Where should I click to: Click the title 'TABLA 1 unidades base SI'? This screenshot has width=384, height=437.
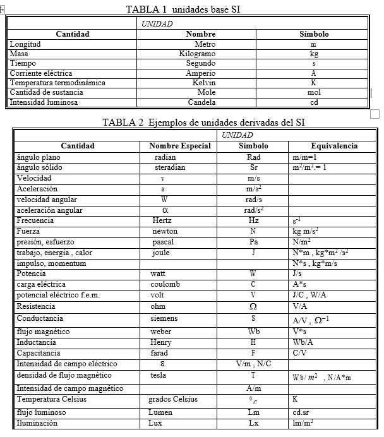click(x=183, y=9)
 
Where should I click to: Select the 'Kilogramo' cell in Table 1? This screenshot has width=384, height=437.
click(x=197, y=54)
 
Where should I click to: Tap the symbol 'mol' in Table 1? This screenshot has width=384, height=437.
click(x=314, y=92)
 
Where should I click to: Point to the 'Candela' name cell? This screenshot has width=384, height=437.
click(x=201, y=102)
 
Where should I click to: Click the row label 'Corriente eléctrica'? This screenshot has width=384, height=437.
click(x=41, y=73)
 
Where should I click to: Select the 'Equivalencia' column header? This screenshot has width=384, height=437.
click(x=334, y=146)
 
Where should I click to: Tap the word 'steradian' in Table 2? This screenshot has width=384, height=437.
click(x=170, y=168)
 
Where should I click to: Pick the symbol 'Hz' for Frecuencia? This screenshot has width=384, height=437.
click(x=253, y=221)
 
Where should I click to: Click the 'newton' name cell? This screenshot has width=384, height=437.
click(x=165, y=232)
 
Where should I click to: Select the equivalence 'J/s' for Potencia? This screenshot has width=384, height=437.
click(x=297, y=275)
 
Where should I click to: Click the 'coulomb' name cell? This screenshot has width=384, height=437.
click(x=165, y=285)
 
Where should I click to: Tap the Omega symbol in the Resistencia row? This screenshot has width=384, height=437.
click(x=253, y=306)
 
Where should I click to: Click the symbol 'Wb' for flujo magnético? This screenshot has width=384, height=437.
click(x=253, y=332)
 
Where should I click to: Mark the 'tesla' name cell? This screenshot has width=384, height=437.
click(x=159, y=374)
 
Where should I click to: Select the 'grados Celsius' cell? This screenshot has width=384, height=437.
click(x=173, y=399)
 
